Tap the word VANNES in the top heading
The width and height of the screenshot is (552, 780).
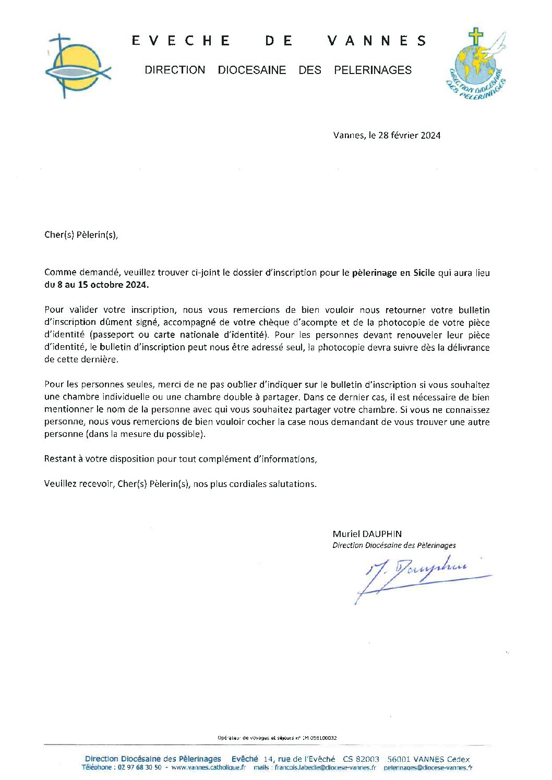click(377, 41)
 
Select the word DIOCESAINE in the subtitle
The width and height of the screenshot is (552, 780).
click(251, 70)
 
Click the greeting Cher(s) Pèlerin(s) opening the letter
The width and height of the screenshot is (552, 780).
click(81, 235)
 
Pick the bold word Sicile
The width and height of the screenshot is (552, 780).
click(424, 273)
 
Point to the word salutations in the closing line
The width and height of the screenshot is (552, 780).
click(292, 484)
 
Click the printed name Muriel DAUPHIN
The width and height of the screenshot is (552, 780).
click(367, 534)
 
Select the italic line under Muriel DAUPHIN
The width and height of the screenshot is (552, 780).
click(394, 545)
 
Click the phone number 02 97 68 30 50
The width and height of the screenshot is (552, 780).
click(140, 767)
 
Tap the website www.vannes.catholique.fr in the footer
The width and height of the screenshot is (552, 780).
click(208, 767)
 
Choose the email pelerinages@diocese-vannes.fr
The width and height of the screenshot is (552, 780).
click(428, 767)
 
